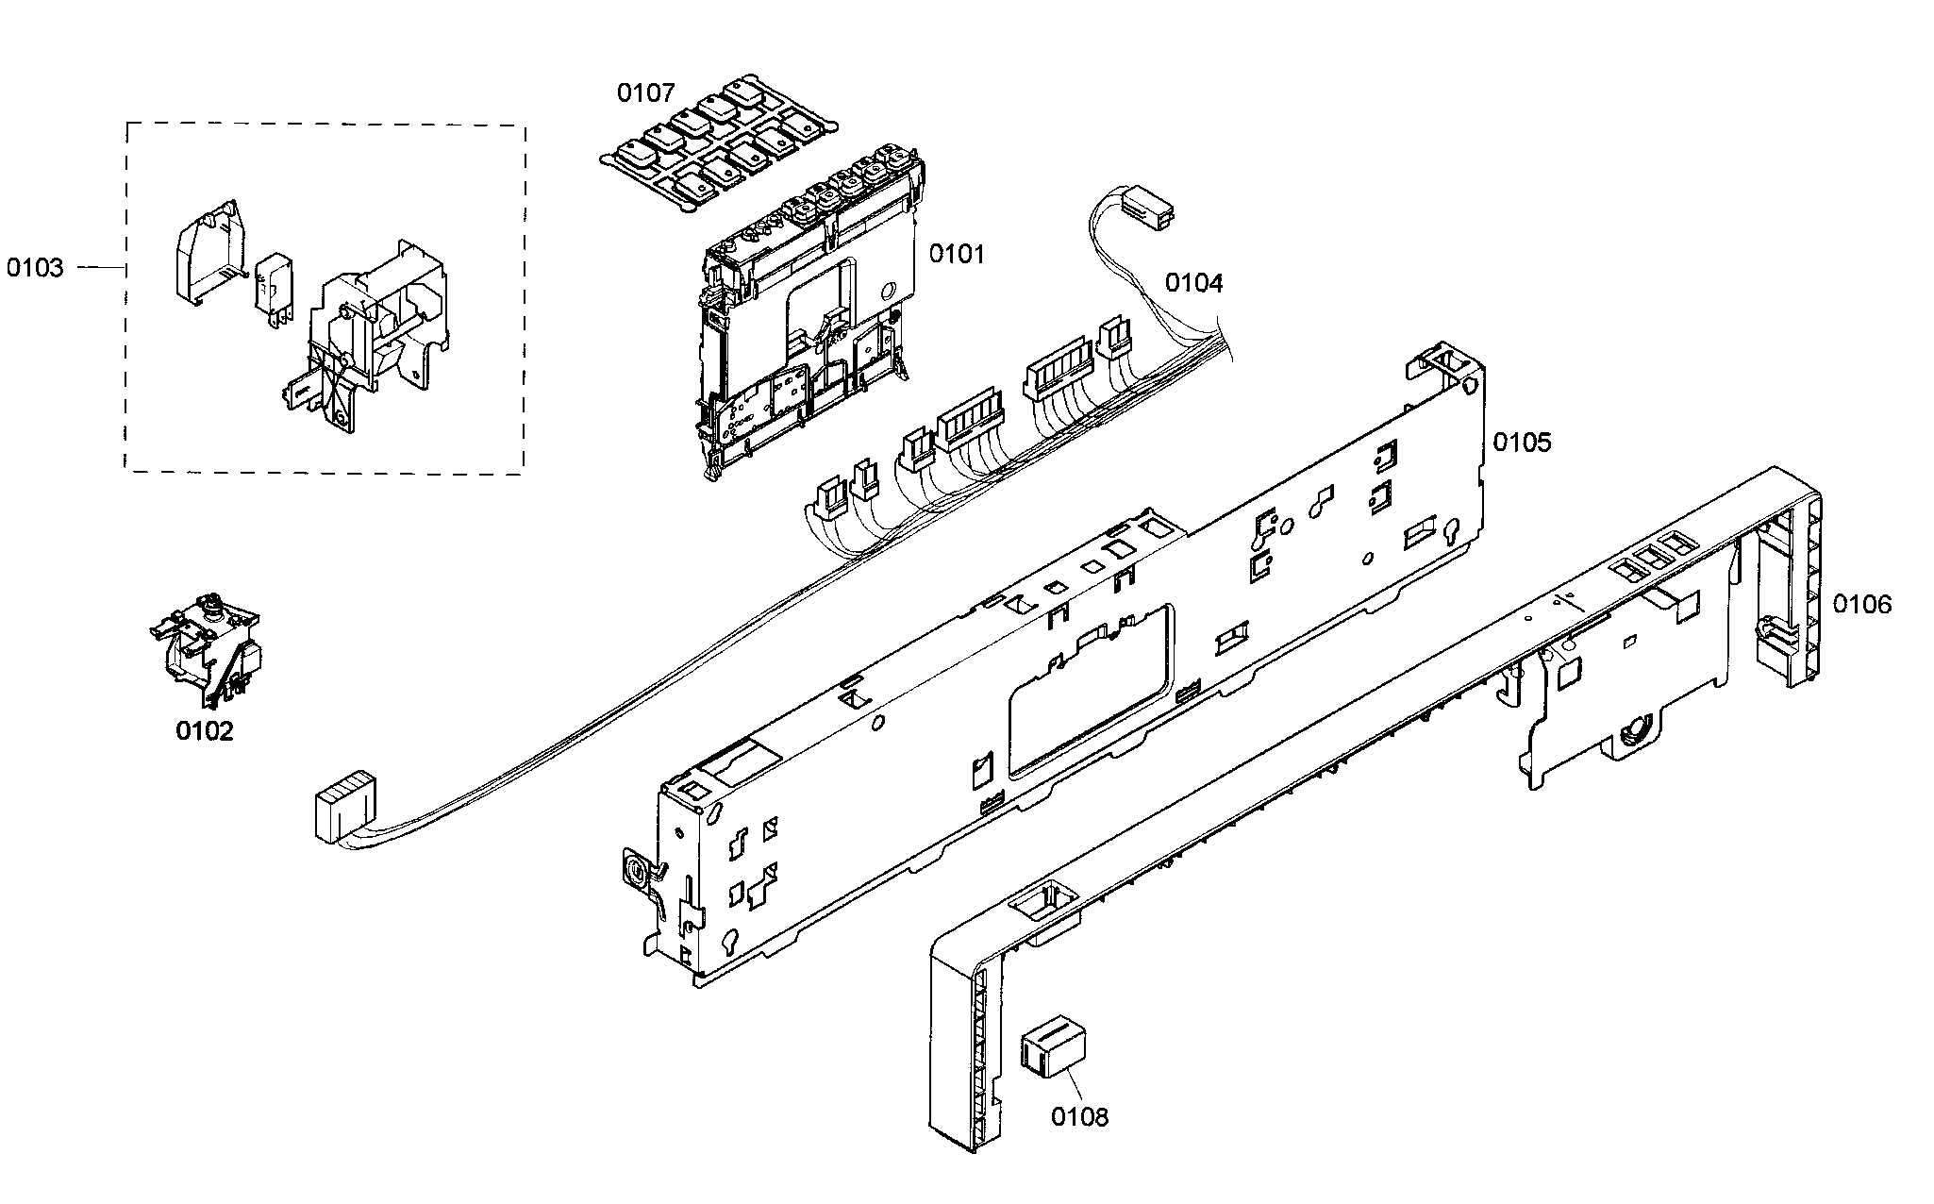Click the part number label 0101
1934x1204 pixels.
pos(956,254)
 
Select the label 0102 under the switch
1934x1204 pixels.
pos(205,730)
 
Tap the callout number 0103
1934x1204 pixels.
pos(35,268)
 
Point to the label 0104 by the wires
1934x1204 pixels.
pos(1193,283)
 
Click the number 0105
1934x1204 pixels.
pos(1522,443)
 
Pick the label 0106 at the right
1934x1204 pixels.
pos(1862,604)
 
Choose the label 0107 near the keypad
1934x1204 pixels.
pos(645,92)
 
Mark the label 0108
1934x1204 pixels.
pos(1080,1117)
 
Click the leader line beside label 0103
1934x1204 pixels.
pos(99,268)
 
